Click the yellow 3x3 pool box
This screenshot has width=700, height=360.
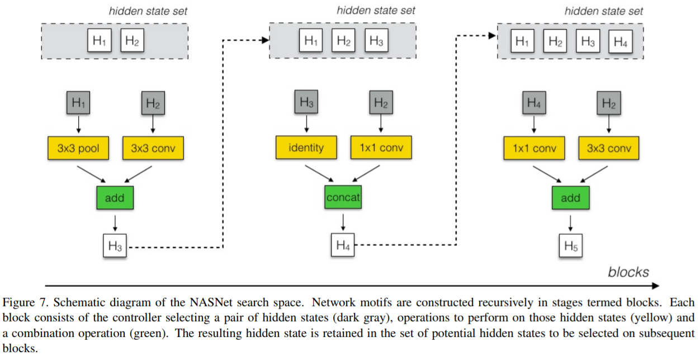click(78, 149)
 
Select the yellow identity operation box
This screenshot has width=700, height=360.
click(306, 148)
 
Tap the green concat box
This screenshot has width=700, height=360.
click(343, 197)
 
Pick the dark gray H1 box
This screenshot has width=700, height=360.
click(78, 103)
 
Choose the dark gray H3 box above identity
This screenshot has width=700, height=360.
click(306, 102)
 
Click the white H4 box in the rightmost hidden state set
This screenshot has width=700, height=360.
click(620, 41)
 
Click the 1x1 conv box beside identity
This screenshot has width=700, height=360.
click(380, 148)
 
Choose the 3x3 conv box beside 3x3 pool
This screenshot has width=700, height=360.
click(152, 149)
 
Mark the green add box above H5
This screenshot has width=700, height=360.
click(570, 198)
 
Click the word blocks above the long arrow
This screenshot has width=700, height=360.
click(628, 272)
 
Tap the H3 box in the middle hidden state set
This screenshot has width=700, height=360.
click(376, 41)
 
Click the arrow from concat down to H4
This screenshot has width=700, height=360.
click(343, 224)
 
